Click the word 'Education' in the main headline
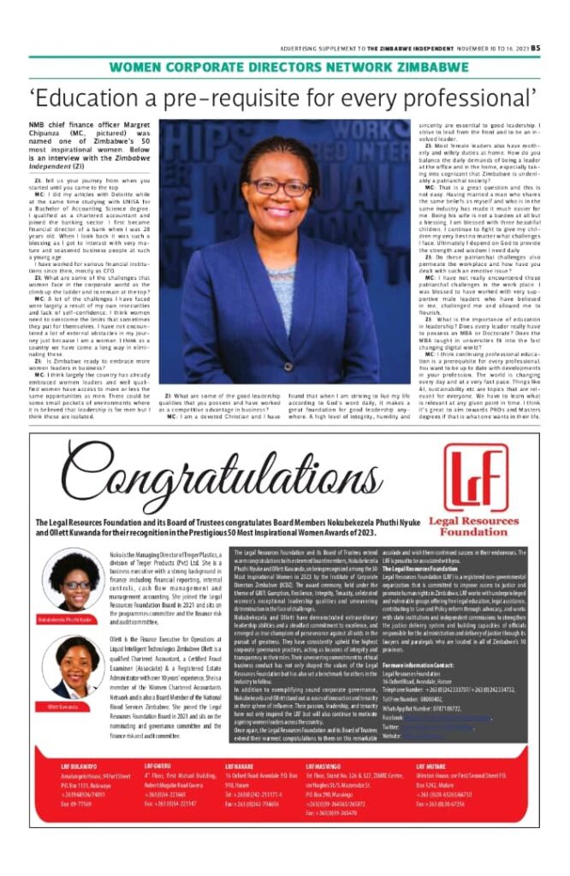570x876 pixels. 96,95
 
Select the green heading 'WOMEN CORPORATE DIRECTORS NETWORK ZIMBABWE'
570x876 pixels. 284,68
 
